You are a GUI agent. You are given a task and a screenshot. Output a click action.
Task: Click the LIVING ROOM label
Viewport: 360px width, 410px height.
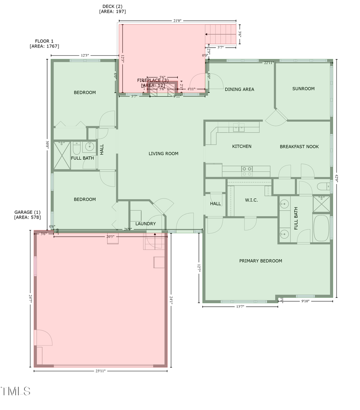163,154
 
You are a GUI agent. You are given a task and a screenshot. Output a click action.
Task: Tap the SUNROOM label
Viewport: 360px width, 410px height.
303,89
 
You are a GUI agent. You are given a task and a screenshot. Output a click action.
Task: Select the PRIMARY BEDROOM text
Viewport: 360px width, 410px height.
260,261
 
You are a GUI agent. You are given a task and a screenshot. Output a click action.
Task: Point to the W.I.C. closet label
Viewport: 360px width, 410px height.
251,200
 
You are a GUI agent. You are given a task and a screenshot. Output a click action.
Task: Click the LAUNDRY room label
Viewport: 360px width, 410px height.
146,224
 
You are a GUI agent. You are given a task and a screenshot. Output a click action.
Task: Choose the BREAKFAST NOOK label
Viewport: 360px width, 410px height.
299,147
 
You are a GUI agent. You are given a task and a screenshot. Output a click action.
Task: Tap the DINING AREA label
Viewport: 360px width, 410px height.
239,89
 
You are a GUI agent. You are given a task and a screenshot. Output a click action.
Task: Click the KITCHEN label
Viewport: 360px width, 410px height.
242,147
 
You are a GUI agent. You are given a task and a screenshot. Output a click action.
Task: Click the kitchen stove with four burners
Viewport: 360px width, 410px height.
247,171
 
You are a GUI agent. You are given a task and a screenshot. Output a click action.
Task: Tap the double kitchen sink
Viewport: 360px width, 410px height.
239,128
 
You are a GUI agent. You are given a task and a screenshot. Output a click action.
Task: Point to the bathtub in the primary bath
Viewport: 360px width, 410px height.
321,228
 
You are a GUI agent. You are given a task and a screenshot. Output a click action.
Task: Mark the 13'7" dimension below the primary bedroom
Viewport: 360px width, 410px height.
240,307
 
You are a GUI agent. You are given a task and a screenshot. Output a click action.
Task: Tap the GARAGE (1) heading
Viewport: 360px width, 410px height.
28,212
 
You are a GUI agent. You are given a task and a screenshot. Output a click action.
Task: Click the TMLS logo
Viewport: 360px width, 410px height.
16,391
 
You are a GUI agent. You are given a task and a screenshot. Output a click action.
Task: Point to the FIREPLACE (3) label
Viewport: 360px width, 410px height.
151,80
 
